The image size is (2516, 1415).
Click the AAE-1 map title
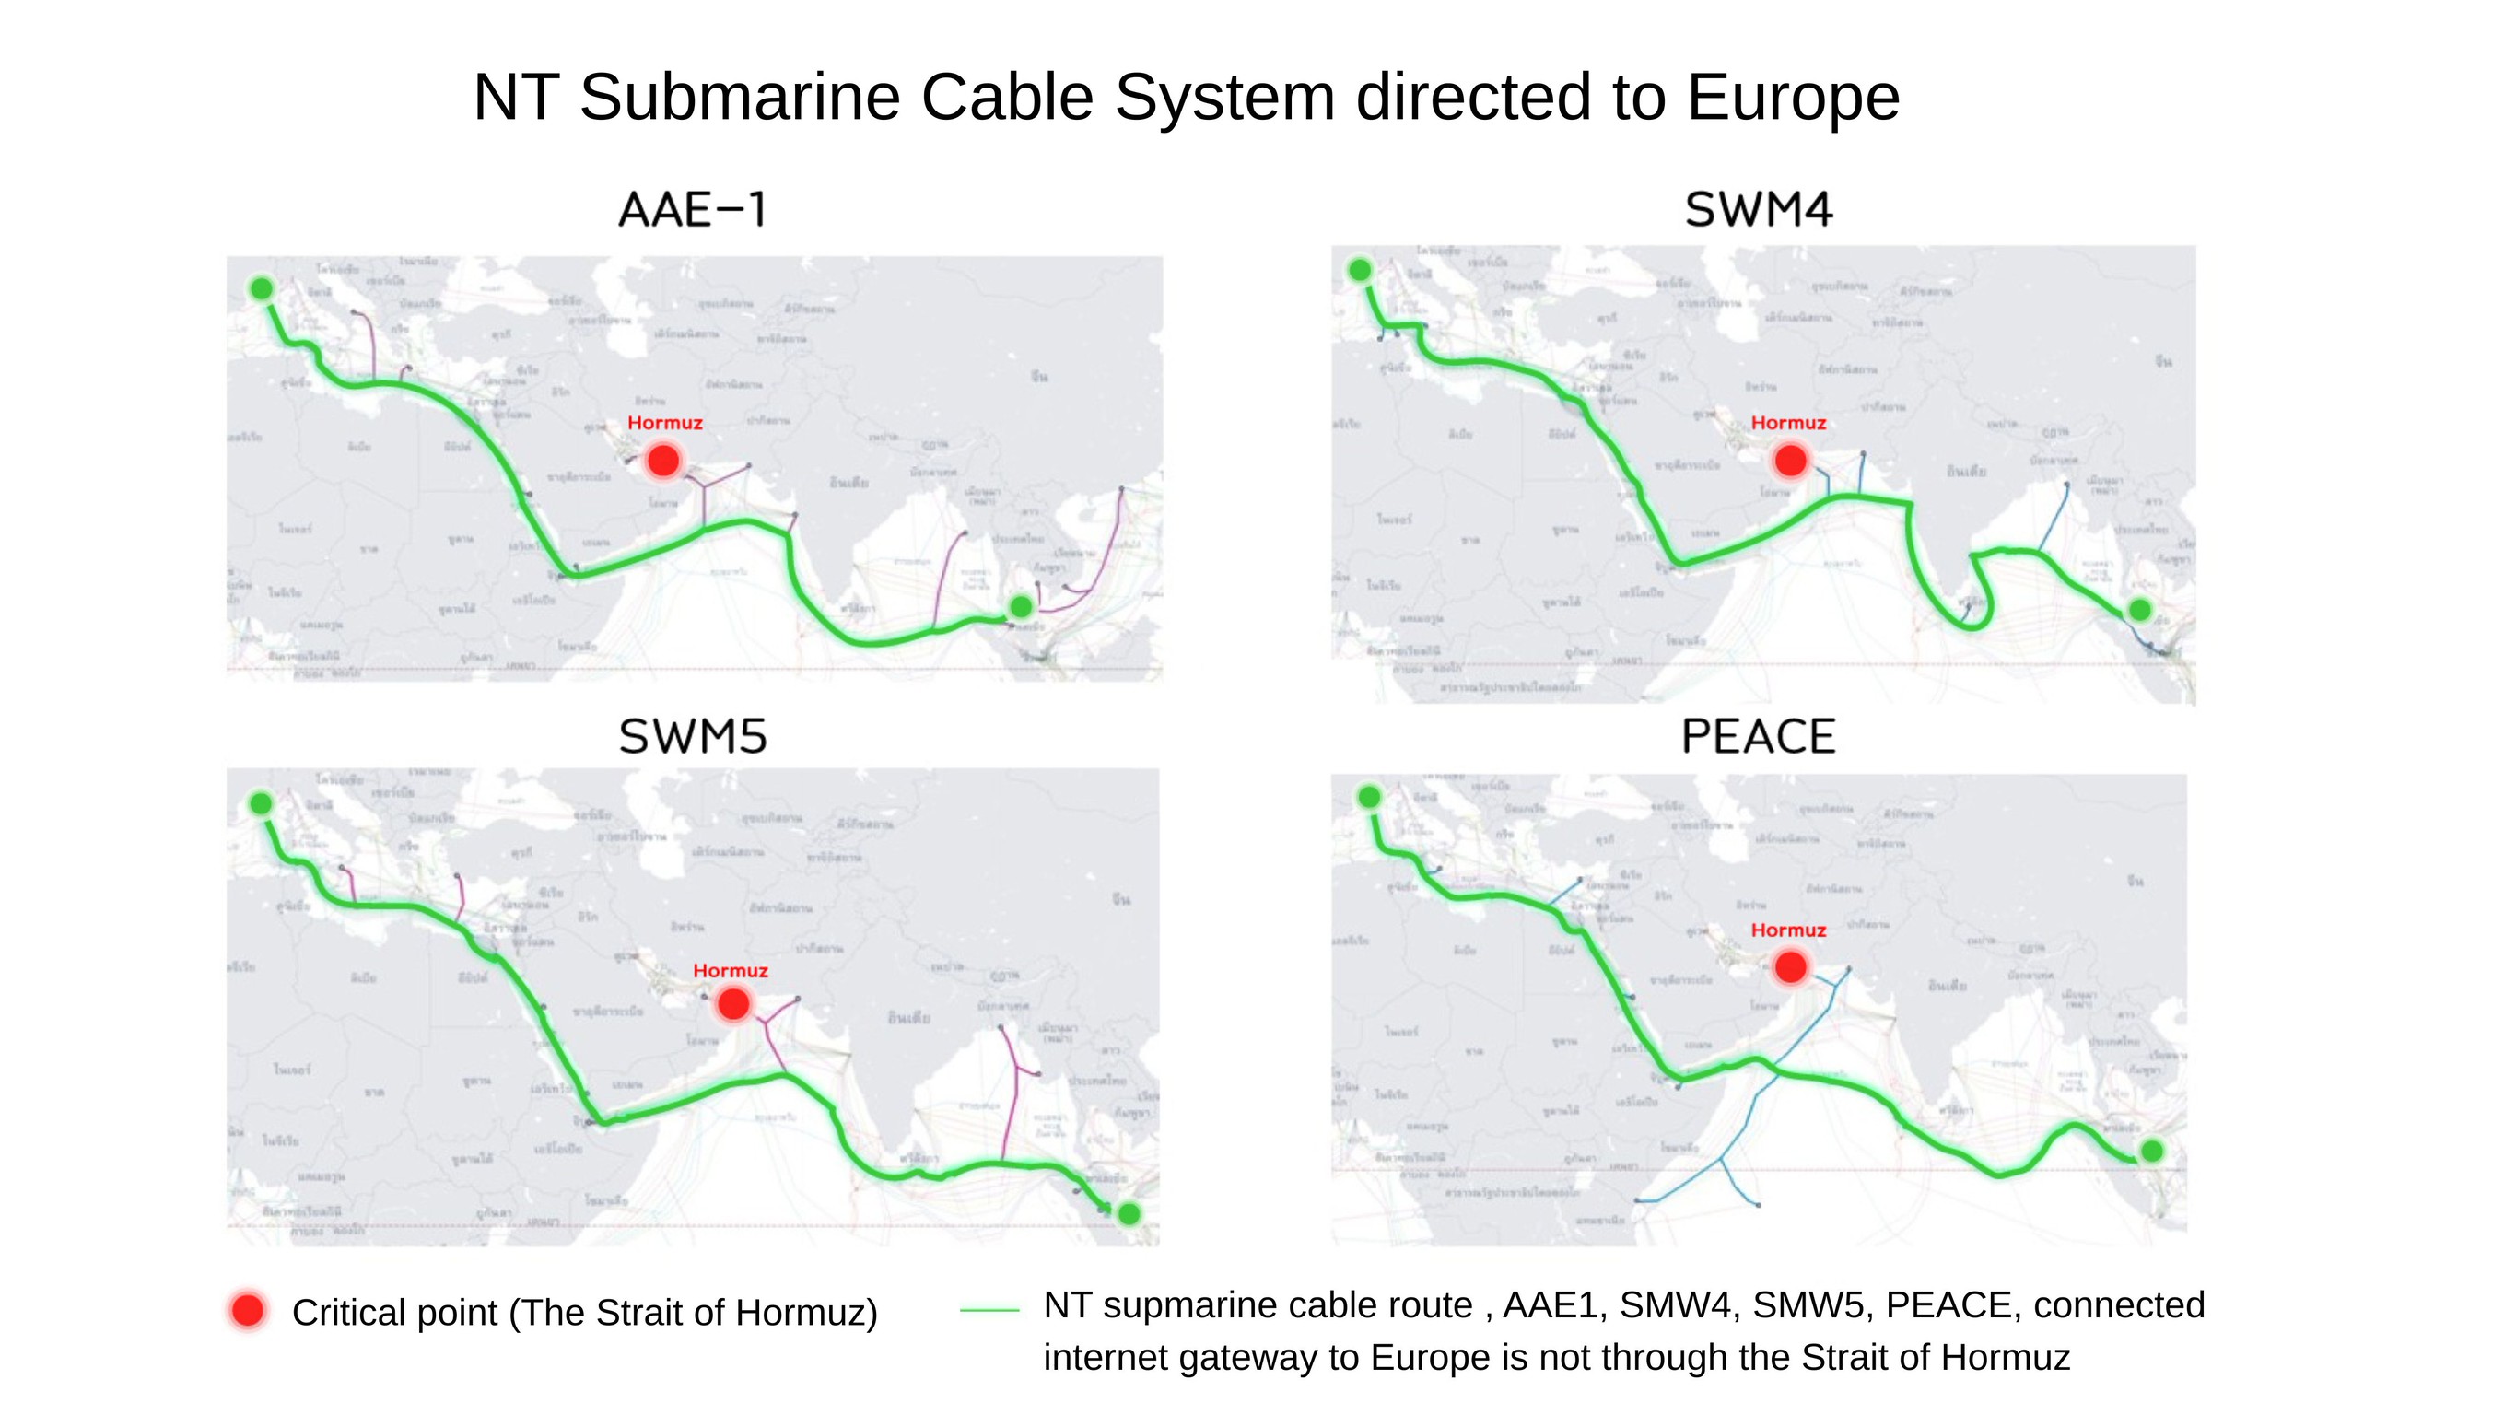(693, 210)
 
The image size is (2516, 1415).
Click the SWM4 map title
(1758, 210)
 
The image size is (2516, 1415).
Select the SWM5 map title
(693, 736)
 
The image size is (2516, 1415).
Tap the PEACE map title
(1758, 736)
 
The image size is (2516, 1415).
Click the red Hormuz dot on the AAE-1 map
(664, 460)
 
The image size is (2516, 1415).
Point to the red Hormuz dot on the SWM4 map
(1790, 460)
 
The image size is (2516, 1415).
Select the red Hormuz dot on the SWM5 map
(733, 1003)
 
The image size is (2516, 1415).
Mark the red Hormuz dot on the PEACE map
(1790, 966)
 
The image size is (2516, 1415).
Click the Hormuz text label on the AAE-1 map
(665, 423)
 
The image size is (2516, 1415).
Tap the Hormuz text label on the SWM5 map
(731, 971)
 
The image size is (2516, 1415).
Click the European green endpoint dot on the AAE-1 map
(262, 288)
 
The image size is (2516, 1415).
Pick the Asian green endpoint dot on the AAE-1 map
(1021, 606)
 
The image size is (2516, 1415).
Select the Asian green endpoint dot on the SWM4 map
(2140, 609)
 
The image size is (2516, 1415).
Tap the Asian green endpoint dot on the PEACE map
(2152, 1152)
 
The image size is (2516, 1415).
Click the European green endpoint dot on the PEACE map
(1369, 797)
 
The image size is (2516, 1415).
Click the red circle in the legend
(248, 1311)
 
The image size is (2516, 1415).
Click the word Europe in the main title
(1792, 98)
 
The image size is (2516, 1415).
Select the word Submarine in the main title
(740, 98)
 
